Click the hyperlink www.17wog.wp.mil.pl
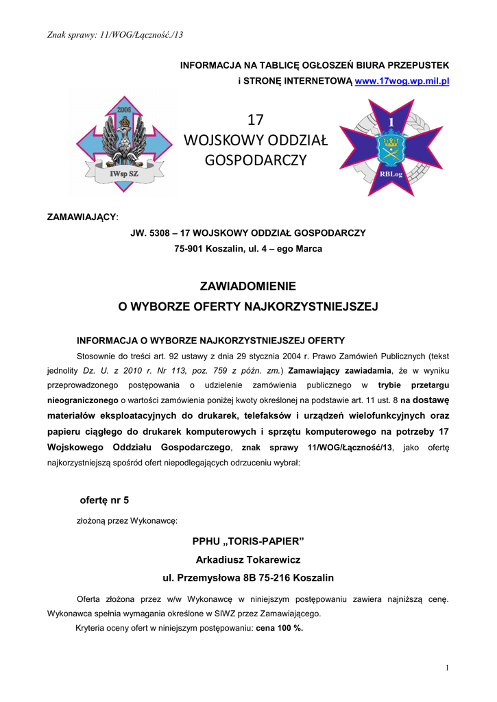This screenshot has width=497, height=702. (401, 81)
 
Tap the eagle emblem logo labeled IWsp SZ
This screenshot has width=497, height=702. (125, 145)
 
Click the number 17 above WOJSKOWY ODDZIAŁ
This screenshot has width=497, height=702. (255, 120)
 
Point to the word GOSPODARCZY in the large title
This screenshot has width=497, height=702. (256, 160)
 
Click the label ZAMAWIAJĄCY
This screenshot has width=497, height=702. (82, 217)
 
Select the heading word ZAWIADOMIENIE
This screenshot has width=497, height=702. (247, 286)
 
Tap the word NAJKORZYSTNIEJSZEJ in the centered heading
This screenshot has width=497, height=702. (311, 306)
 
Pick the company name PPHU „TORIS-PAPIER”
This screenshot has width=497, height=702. (247, 542)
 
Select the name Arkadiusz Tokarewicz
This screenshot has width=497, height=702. (247, 559)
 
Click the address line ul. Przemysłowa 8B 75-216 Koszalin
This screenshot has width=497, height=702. (247, 577)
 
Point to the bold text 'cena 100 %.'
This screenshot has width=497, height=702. (280, 628)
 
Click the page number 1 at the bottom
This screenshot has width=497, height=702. (446, 668)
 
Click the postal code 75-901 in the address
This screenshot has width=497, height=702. (191, 249)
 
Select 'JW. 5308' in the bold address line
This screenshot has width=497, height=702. (150, 233)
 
